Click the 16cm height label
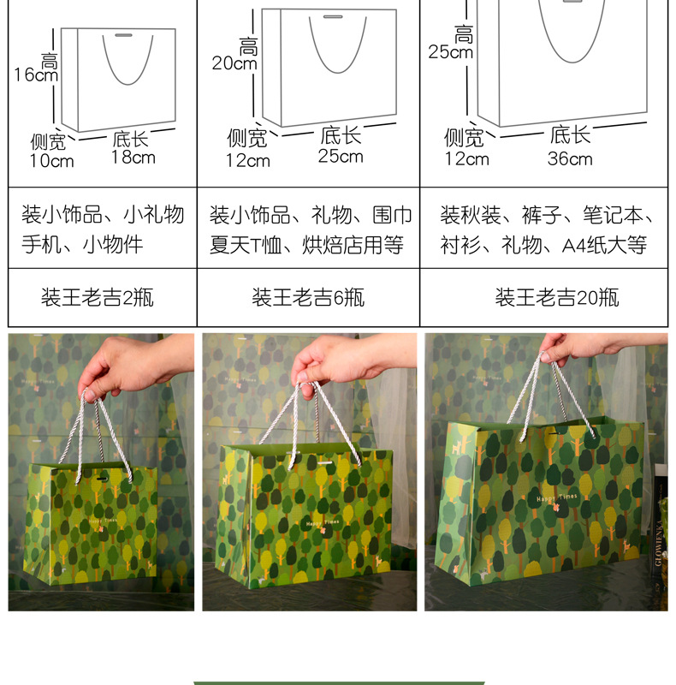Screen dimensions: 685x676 click(36, 74)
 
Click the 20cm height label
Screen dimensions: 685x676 click(234, 63)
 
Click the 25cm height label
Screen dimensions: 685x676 click(450, 51)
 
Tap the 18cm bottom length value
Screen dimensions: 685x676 click(133, 157)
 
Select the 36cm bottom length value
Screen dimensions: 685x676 click(571, 158)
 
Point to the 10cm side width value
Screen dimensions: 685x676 click(52, 161)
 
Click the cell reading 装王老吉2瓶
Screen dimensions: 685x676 click(98, 298)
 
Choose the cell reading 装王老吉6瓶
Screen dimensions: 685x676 click(308, 298)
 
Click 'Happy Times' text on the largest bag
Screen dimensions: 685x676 click(556, 497)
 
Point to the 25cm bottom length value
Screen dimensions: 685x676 click(341, 156)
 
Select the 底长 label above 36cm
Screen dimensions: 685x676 click(571, 134)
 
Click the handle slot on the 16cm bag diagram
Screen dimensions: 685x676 click(124, 36)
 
